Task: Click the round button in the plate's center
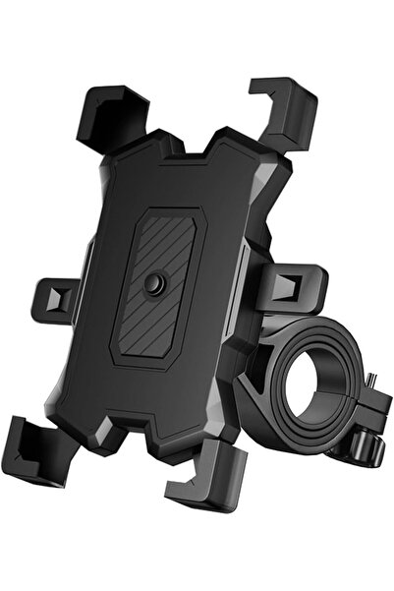click(x=153, y=284)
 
